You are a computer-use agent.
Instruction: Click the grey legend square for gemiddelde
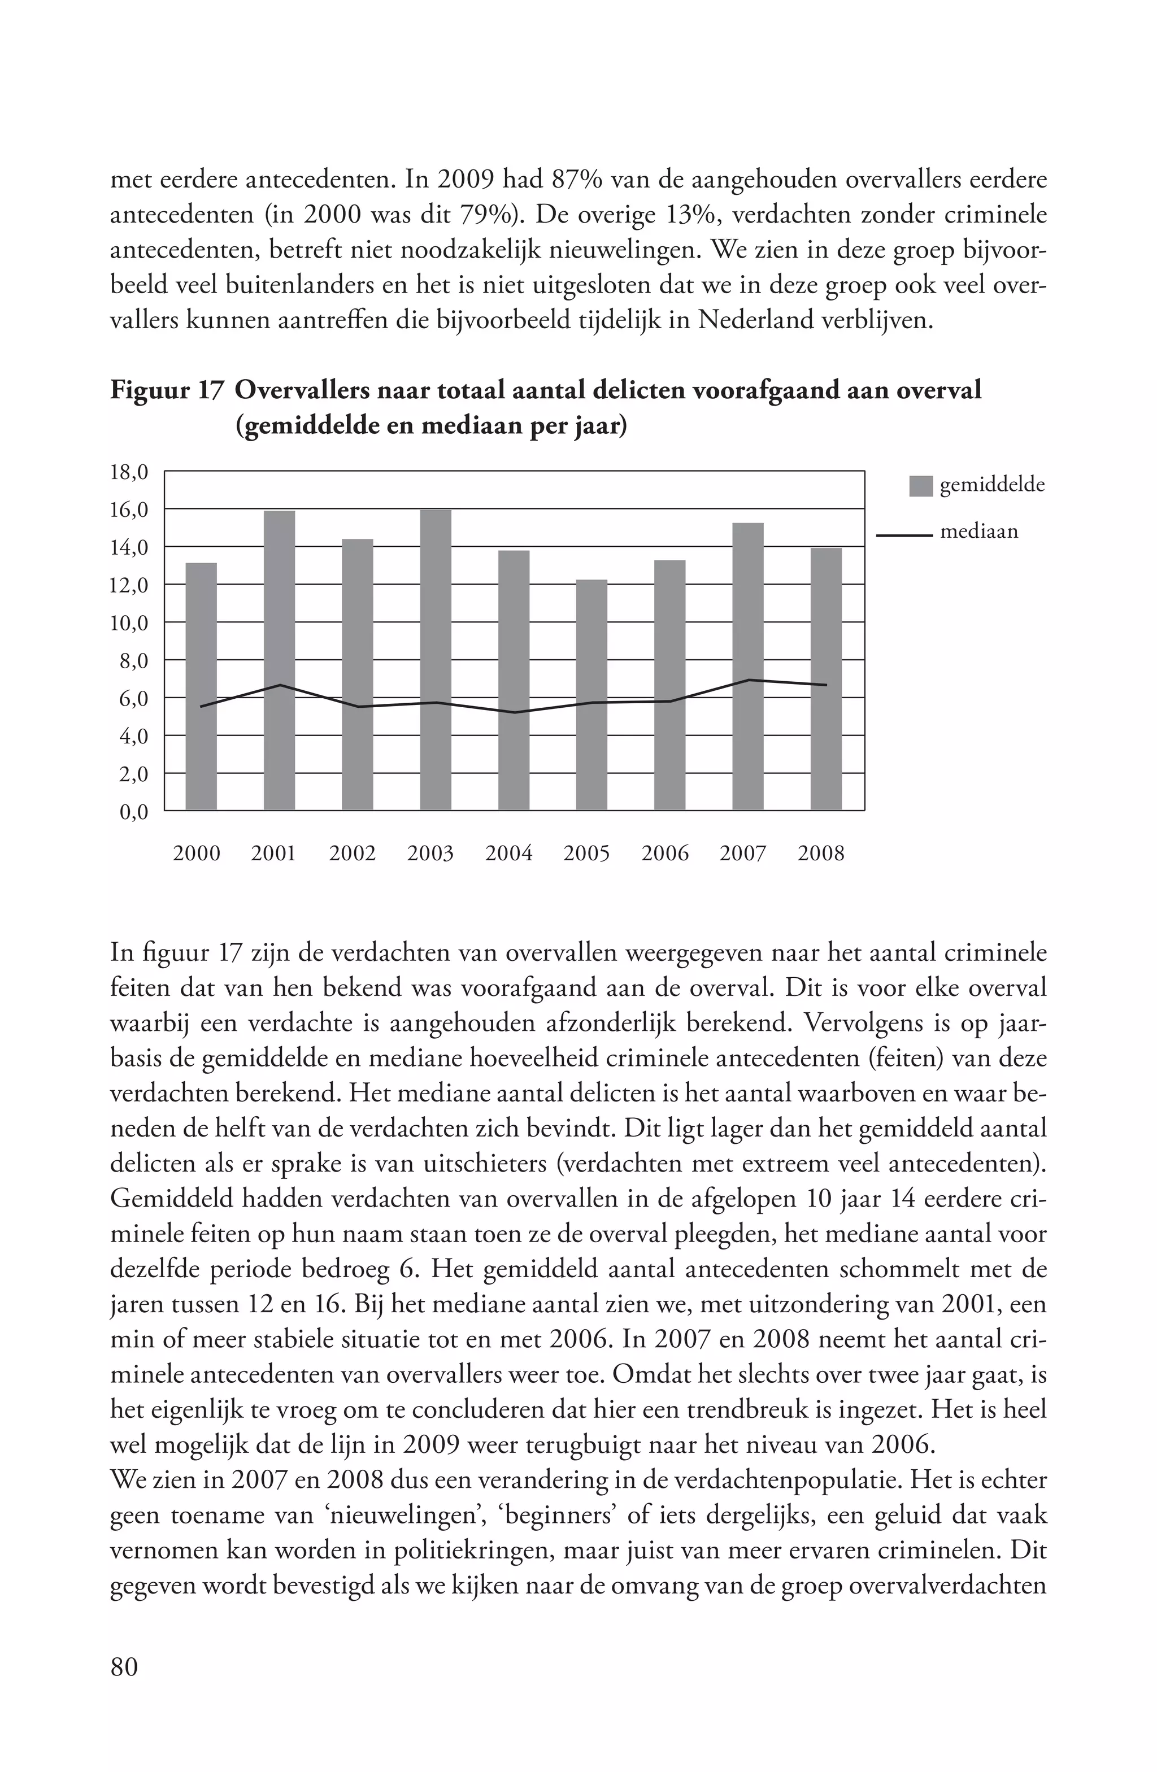coord(921,486)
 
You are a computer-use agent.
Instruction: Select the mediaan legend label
coord(978,532)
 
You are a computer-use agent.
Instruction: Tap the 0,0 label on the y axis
coord(134,812)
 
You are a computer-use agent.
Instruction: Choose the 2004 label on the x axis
coord(508,854)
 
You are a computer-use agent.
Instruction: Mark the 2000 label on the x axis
coord(197,854)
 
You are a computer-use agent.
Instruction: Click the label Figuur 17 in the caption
coord(166,391)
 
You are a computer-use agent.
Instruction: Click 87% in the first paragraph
coord(577,180)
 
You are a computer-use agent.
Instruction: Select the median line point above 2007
coord(747,680)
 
